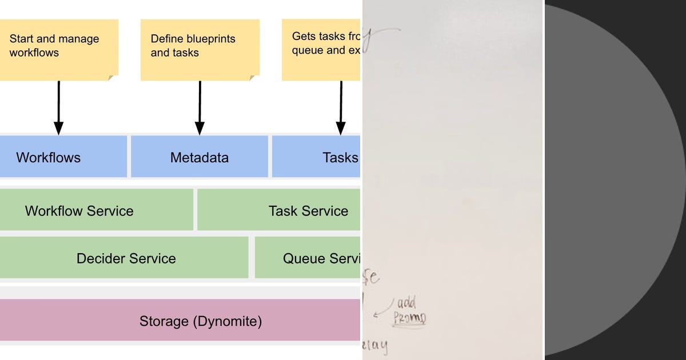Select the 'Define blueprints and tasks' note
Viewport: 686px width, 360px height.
pyautogui.click(x=200, y=49)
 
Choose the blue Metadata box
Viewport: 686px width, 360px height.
pyautogui.click(x=200, y=157)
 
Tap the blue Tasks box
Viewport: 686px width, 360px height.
pyautogui.click(x=316, y=157)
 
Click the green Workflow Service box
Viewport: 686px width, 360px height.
pyautogui.click(x=95, y=210)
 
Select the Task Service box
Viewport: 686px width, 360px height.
pyautogui.click(x=279, y=210)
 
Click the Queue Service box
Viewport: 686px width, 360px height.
pyautogui.click(x=308, y=258)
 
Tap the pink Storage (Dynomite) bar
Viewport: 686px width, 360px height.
pyautogui.click(x=180, y=321)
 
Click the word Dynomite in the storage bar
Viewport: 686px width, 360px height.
pyautogui.click(x=228, y=321)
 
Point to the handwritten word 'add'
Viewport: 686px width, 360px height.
pyautogui.click(x=406, y=302)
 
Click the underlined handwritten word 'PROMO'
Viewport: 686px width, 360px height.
pyautogui.click(x=409, y=318)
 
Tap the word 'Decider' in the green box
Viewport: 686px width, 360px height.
pyautogui.click(x=100, y=258)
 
